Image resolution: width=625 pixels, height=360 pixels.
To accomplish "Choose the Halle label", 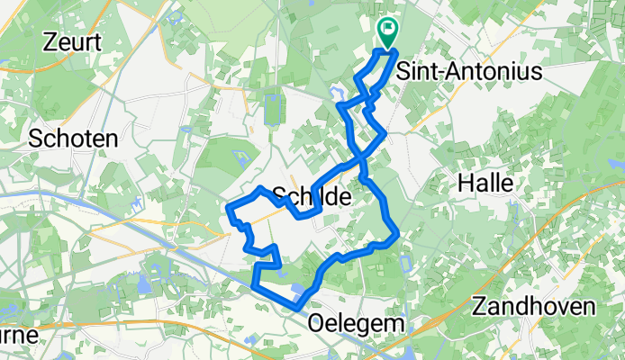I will (x=485, y=183).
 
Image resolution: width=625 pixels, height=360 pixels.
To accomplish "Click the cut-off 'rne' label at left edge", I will (x=18, y=334).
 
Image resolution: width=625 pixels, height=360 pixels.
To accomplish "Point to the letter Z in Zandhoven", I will (x=478, y=303).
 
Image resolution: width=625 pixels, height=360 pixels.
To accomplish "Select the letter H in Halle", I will (x=466, y=183).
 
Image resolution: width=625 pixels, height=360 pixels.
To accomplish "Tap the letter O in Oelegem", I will (x=317, y=322).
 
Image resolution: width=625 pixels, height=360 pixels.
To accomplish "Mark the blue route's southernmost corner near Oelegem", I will (x=296, y=308).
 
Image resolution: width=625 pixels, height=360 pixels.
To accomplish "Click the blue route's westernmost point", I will (x=228, y=211).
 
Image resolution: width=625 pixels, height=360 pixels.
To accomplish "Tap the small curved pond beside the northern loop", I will (x=338, y=93).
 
